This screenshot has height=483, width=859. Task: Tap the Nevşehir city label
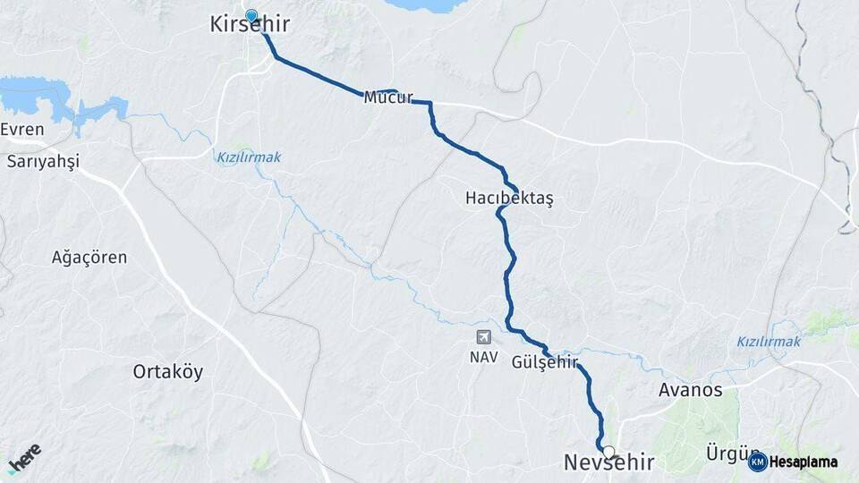click(608, 462)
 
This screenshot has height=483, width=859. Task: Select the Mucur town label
click(387, 97)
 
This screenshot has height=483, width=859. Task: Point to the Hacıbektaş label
click(509, 198)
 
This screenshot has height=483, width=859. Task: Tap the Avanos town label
click(690, 391)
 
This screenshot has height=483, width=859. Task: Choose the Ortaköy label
click(168, 370)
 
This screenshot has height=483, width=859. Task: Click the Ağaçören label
click(89, 258)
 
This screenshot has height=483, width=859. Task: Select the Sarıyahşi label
click(43, 162)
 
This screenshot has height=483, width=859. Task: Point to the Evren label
click(22, 129)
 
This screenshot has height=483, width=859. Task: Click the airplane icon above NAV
click(483, 337)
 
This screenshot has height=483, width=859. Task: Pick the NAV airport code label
click(483, 356)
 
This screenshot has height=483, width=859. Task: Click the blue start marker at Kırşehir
click(251, 15)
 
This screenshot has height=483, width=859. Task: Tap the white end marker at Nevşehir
click(608, 452)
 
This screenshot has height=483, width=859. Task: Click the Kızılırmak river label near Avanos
click(769, 342)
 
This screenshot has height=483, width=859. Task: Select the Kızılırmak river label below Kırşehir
click(249, 157)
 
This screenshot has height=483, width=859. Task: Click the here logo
click(25, 459)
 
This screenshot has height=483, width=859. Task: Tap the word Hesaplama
click(804, 462)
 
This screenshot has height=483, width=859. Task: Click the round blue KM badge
click(758, 462)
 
